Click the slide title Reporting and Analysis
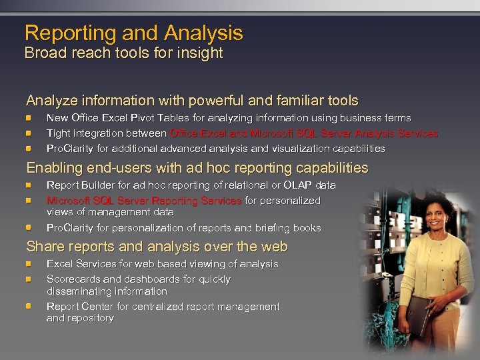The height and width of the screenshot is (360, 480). click(133, 33)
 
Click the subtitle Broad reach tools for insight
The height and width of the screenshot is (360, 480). click(123, 53)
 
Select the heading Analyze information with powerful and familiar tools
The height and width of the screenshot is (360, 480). click(192, 101)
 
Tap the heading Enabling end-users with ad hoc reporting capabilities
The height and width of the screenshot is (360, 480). click(197, 168)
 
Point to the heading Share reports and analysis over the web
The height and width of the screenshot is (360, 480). click(157, 247)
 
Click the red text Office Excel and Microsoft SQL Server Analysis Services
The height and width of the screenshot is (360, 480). click(304, 133)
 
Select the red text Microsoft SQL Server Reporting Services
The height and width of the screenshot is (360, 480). click(144, 200)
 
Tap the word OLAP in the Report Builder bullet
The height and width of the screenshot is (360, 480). click(297, 185)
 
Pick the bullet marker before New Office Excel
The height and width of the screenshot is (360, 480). click(30, 118)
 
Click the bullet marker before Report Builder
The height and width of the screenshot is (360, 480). click(30, 185)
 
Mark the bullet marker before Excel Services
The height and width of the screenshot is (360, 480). click(30, 264)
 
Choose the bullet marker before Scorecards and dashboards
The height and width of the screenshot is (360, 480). click(30, 279)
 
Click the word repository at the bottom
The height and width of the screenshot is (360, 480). click(90, 319)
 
